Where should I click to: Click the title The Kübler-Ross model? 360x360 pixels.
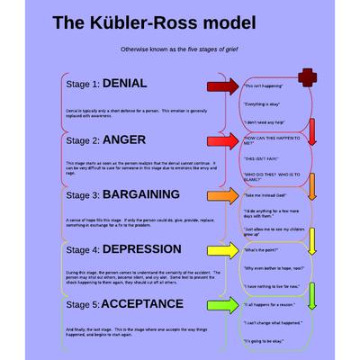pos(154,21)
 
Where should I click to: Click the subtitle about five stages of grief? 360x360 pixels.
pos(179,49)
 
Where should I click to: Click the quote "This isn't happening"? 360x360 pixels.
pos(265,86)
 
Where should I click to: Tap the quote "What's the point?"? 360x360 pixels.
pos(262,251)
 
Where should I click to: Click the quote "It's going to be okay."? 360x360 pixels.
pos(267,343)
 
